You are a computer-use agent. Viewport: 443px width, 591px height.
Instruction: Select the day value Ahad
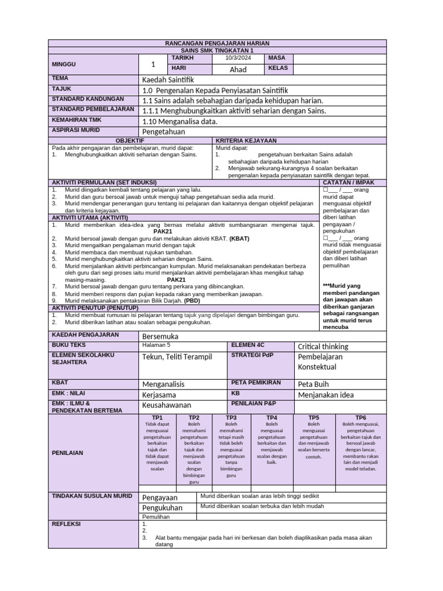pos(238,69)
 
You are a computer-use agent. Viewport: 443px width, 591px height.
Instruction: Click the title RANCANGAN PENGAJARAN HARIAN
pos(217,43)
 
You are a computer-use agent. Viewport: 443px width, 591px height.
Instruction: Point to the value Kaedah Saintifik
pos(168,79)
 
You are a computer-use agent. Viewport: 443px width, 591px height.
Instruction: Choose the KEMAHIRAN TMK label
pos(77,119)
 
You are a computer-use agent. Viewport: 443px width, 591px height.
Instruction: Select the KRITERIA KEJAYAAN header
pos(246,140)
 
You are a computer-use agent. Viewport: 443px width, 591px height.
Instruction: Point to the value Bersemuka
pos(160,336)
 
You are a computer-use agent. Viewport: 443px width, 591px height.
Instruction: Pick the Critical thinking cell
pos(322,346)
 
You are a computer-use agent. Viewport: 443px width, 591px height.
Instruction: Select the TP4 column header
pos(272,417)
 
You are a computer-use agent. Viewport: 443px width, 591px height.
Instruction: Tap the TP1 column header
pos(157,417)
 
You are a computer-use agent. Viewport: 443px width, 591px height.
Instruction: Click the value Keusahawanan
pos(166,405)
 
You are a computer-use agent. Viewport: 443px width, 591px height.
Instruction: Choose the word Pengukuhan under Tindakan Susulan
pos(162,508)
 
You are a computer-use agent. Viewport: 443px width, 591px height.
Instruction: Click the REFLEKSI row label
pos(66,524)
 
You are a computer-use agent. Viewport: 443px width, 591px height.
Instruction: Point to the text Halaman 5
pos(156,345)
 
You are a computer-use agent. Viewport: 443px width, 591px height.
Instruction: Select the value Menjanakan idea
pos(326,395)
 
